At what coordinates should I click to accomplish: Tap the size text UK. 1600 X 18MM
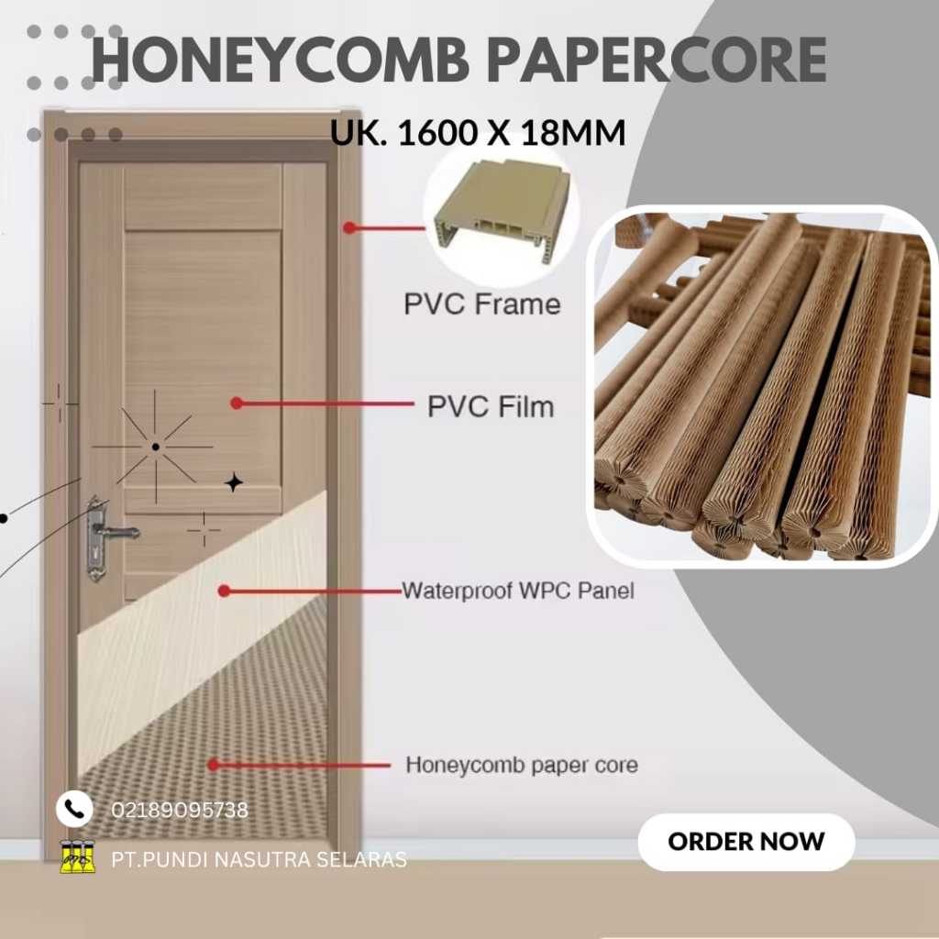(x=478, y=134)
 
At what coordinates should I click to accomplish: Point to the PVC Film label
(x=491, y=406)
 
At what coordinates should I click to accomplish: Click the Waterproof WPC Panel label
(x=518, y=591)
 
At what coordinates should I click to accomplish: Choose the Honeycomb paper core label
(x=522, y=764)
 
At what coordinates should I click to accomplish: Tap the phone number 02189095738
(x=180, y=811)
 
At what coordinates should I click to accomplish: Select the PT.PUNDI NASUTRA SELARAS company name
(x=259, y=860)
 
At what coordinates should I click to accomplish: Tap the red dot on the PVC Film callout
(x=236, y=403)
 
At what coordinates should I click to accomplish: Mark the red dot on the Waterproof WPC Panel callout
(x=223, y=591)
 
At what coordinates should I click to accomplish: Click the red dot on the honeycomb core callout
(x=214, y=764)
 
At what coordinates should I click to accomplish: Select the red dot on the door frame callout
(x=349, y=227)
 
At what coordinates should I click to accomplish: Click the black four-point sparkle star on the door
(x=234, y=482)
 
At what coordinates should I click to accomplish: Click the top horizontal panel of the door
(x=203, y=195)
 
